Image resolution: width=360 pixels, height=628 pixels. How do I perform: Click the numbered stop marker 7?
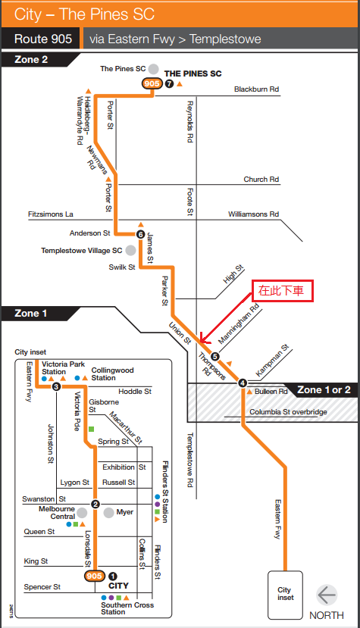coord(170,83)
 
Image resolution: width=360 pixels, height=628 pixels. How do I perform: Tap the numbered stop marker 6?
coord(140,234)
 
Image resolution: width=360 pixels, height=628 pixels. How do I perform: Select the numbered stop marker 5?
coord(215,356)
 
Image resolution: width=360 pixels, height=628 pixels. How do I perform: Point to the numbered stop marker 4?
coord(242,383)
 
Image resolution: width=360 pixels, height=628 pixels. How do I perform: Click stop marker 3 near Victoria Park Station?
coord(56,386)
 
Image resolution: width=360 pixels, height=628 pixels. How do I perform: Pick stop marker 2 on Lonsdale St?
coord(95,505)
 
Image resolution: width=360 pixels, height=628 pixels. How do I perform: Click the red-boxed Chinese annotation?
coord(282,291)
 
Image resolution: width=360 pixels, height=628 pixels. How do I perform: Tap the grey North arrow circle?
coord(327,595)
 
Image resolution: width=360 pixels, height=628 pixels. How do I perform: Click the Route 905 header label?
coord(43,39)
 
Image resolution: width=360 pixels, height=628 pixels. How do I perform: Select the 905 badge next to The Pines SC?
coord(152,83)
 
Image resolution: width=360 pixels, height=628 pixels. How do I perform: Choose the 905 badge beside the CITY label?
coord(95,576)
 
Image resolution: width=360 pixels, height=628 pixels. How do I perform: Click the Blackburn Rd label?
coord(257,89)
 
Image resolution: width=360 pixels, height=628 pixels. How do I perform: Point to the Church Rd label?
coord(261,180)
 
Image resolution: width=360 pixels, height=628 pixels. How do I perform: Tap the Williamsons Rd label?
coord(253,214)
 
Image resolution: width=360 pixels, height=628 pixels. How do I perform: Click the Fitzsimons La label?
coord(51,214)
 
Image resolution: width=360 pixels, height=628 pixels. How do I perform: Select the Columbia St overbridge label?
coord(288,412)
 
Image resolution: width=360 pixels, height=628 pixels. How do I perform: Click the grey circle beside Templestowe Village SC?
coord(130,250)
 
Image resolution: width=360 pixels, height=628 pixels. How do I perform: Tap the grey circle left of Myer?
coord(108,513)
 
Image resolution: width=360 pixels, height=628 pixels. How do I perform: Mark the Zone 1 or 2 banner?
coord(324,390)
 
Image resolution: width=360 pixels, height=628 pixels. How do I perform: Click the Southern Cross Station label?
coord(127,608)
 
